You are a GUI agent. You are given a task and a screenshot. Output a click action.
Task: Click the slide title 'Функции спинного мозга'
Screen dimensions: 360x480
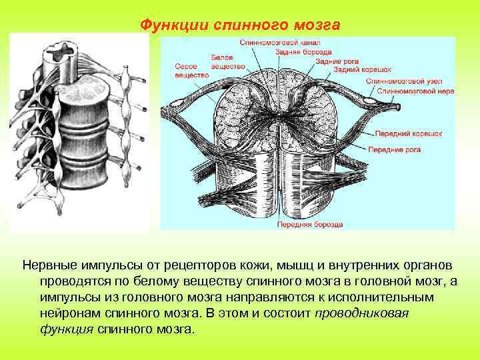click(239, 25)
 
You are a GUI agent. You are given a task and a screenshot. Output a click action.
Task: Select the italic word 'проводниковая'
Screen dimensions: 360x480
click(361, 313)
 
